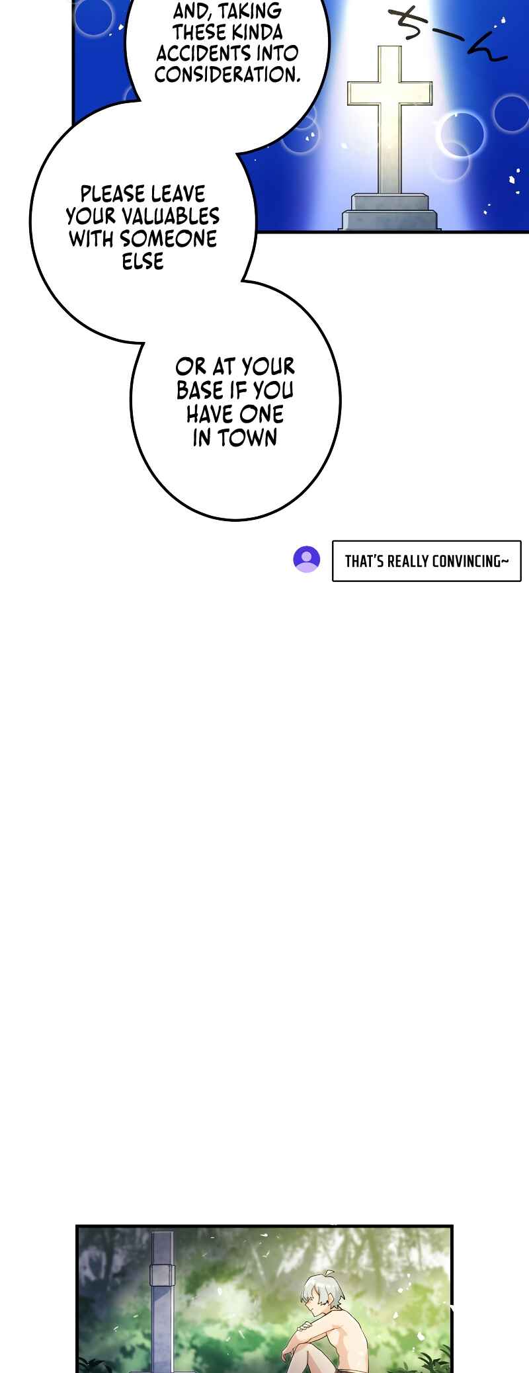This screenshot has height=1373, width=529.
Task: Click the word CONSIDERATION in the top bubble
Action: [x=227, y=75]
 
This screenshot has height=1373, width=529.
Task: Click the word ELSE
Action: [x=143, y=261]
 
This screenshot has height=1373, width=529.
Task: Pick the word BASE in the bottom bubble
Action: [x=200, y=390]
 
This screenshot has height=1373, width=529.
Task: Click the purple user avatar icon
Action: [x=307, y=559]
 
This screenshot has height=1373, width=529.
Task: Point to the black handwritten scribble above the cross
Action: [x=447, y=34]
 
